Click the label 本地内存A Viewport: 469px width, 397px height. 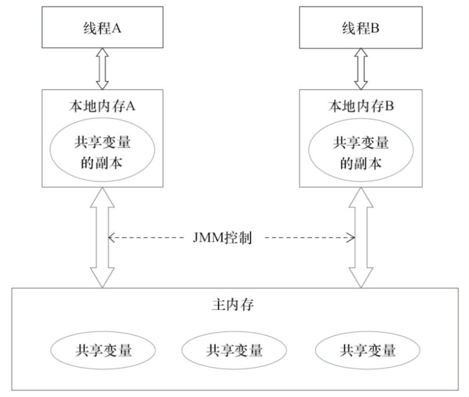(103, 106)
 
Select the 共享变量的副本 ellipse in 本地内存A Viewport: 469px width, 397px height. (103, 151)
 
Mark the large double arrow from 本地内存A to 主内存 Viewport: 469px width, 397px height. (103, 237)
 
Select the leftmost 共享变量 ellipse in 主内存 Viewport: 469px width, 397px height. (103, 350)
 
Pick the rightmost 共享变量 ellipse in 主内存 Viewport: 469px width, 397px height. (367, 350)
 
